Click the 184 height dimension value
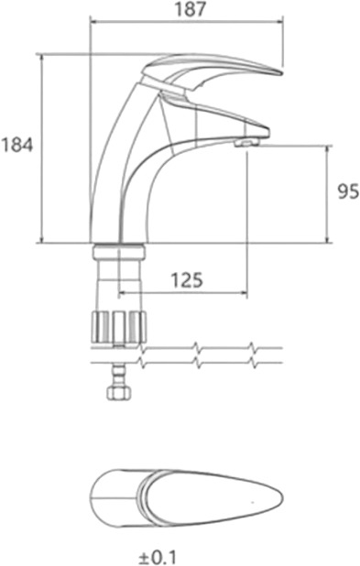(16, 145)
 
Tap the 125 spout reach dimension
(186, 279)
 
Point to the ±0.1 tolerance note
(158, 557)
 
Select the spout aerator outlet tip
(245, 143)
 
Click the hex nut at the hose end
(118, 393)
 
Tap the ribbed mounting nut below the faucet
(119, 327)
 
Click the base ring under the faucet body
(118, 251)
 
